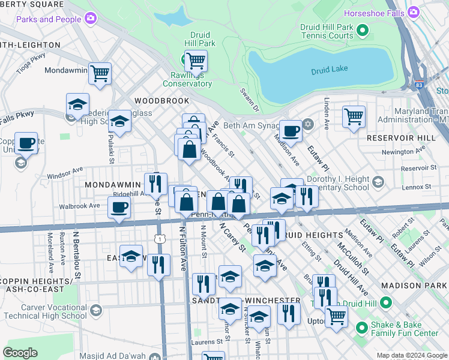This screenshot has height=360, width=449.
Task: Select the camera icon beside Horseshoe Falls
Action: point(413,13)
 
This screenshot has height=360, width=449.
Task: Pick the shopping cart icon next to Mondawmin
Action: point(100,74)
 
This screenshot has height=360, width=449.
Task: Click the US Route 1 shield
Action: point(160,239)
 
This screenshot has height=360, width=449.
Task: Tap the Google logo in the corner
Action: point(20,352)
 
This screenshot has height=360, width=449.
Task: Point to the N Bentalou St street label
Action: point(77,257)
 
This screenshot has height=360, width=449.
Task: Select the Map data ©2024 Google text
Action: point(411,355)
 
